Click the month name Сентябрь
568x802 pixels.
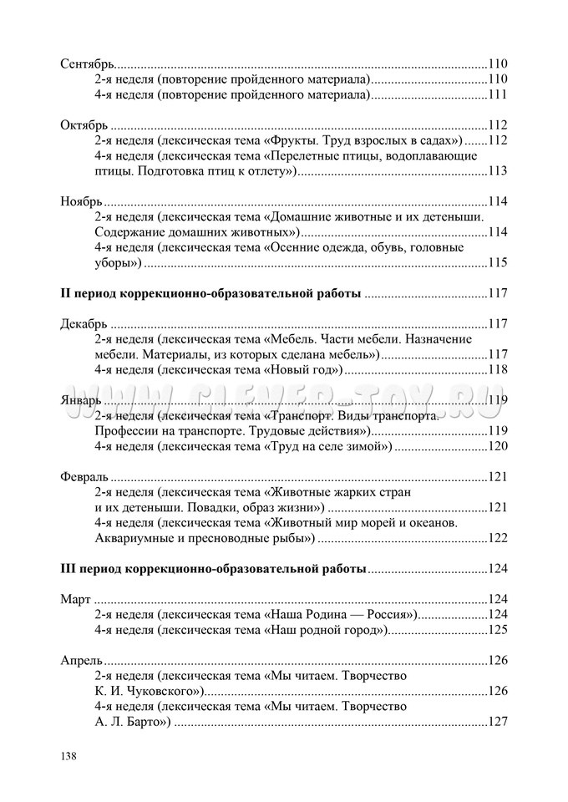tap(88, 63)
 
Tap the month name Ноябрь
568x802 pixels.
tap(82, 201)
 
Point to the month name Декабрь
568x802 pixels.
tap(84, 324)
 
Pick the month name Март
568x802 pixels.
tap(76, 600)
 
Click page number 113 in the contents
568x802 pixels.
tap(498, 171)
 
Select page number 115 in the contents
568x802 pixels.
tap(498, 263)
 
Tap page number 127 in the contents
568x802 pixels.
tap(498, 723)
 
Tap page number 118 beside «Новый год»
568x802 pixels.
tap(498, 370)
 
